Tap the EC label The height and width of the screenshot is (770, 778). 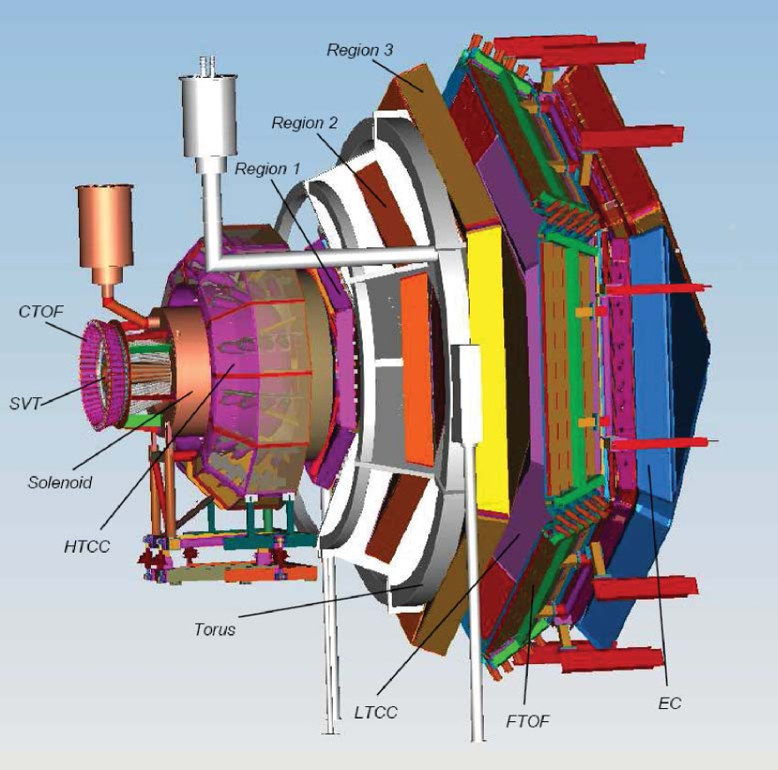coord(670,703)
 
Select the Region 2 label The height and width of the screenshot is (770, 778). coord(305,123)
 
